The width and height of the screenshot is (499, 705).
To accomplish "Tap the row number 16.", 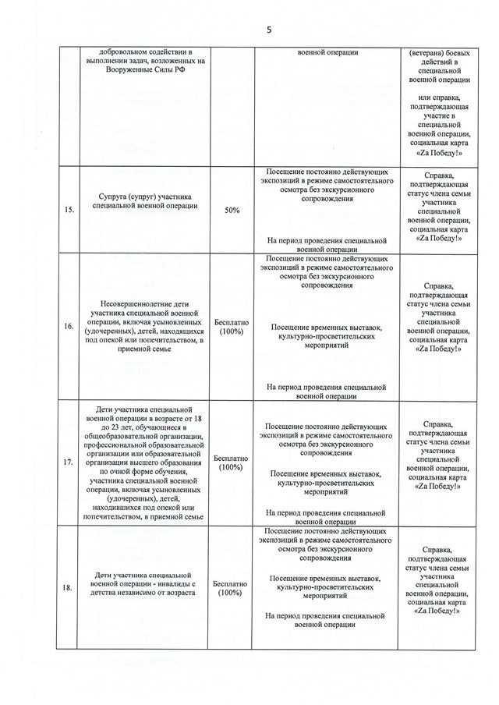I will pos(69,327).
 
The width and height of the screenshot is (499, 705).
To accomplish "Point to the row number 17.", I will pos(69,461).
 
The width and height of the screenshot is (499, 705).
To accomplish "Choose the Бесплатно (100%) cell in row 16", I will pos(231,327).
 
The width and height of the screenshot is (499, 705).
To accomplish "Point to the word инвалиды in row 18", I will pos(168,583).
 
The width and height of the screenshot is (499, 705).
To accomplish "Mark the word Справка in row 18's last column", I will pos(437,549).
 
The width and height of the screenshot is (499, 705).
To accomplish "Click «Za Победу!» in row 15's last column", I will pos(437,239).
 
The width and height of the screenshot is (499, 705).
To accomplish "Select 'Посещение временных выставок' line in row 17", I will pos(325,473).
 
